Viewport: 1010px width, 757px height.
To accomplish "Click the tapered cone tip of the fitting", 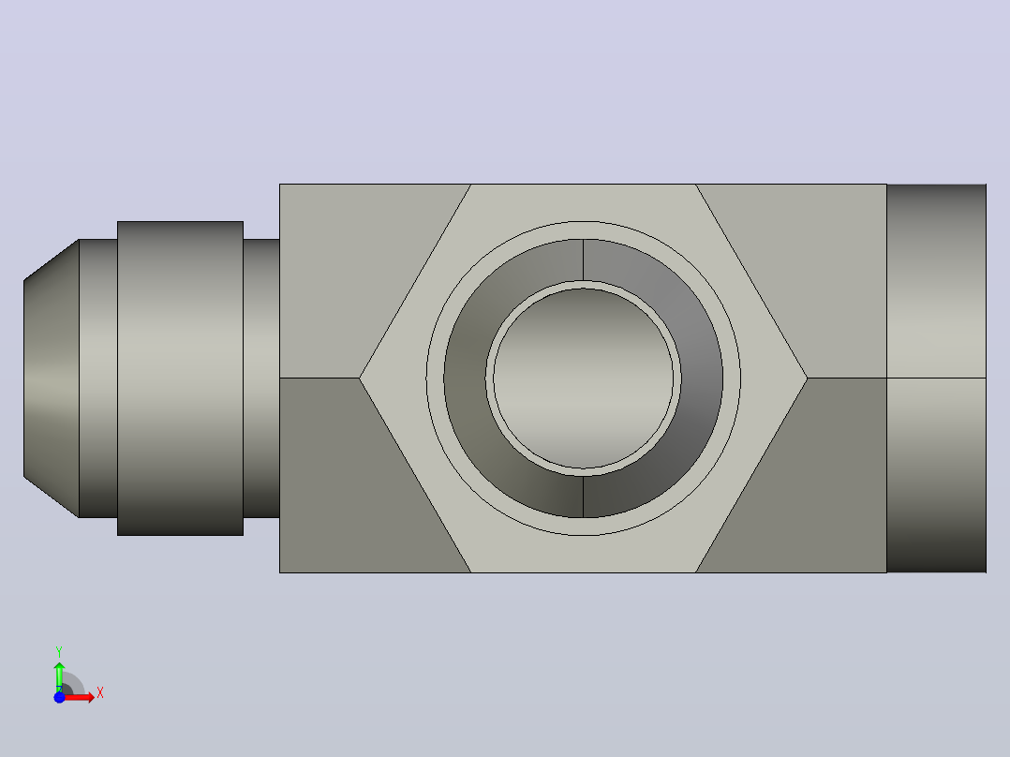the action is pyautogui.click(x=52, y=378).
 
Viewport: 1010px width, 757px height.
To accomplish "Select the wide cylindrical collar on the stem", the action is pyautogui.click(x=180, y=378).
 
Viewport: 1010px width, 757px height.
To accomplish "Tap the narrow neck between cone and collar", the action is pyautogui.click(x=97, y=378).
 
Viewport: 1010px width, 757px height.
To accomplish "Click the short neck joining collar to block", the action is pyautogui.click(x=261, y=378).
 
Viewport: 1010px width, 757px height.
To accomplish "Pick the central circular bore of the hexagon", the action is pyautogui.click(x=584, y=378).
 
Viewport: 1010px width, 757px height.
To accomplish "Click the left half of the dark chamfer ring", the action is pyautogui.click(x=465, y=378).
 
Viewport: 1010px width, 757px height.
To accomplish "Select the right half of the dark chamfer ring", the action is pyautogui.click(x=702, y=378).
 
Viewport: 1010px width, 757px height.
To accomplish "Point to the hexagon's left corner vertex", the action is pyautogui.click(x=360, y=378).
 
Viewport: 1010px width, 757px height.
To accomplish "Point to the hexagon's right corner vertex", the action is pyautogui.click(x=807, y=378).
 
